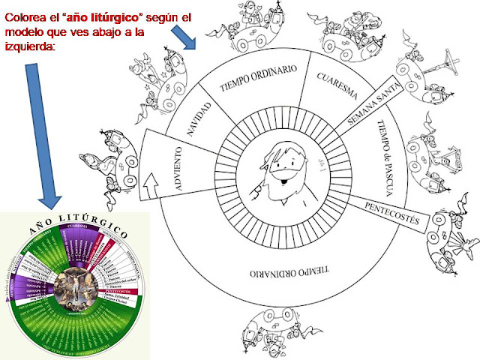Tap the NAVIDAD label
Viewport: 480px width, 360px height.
click(x=199, y=120)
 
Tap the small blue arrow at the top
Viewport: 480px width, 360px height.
click(x=184, y=34)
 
